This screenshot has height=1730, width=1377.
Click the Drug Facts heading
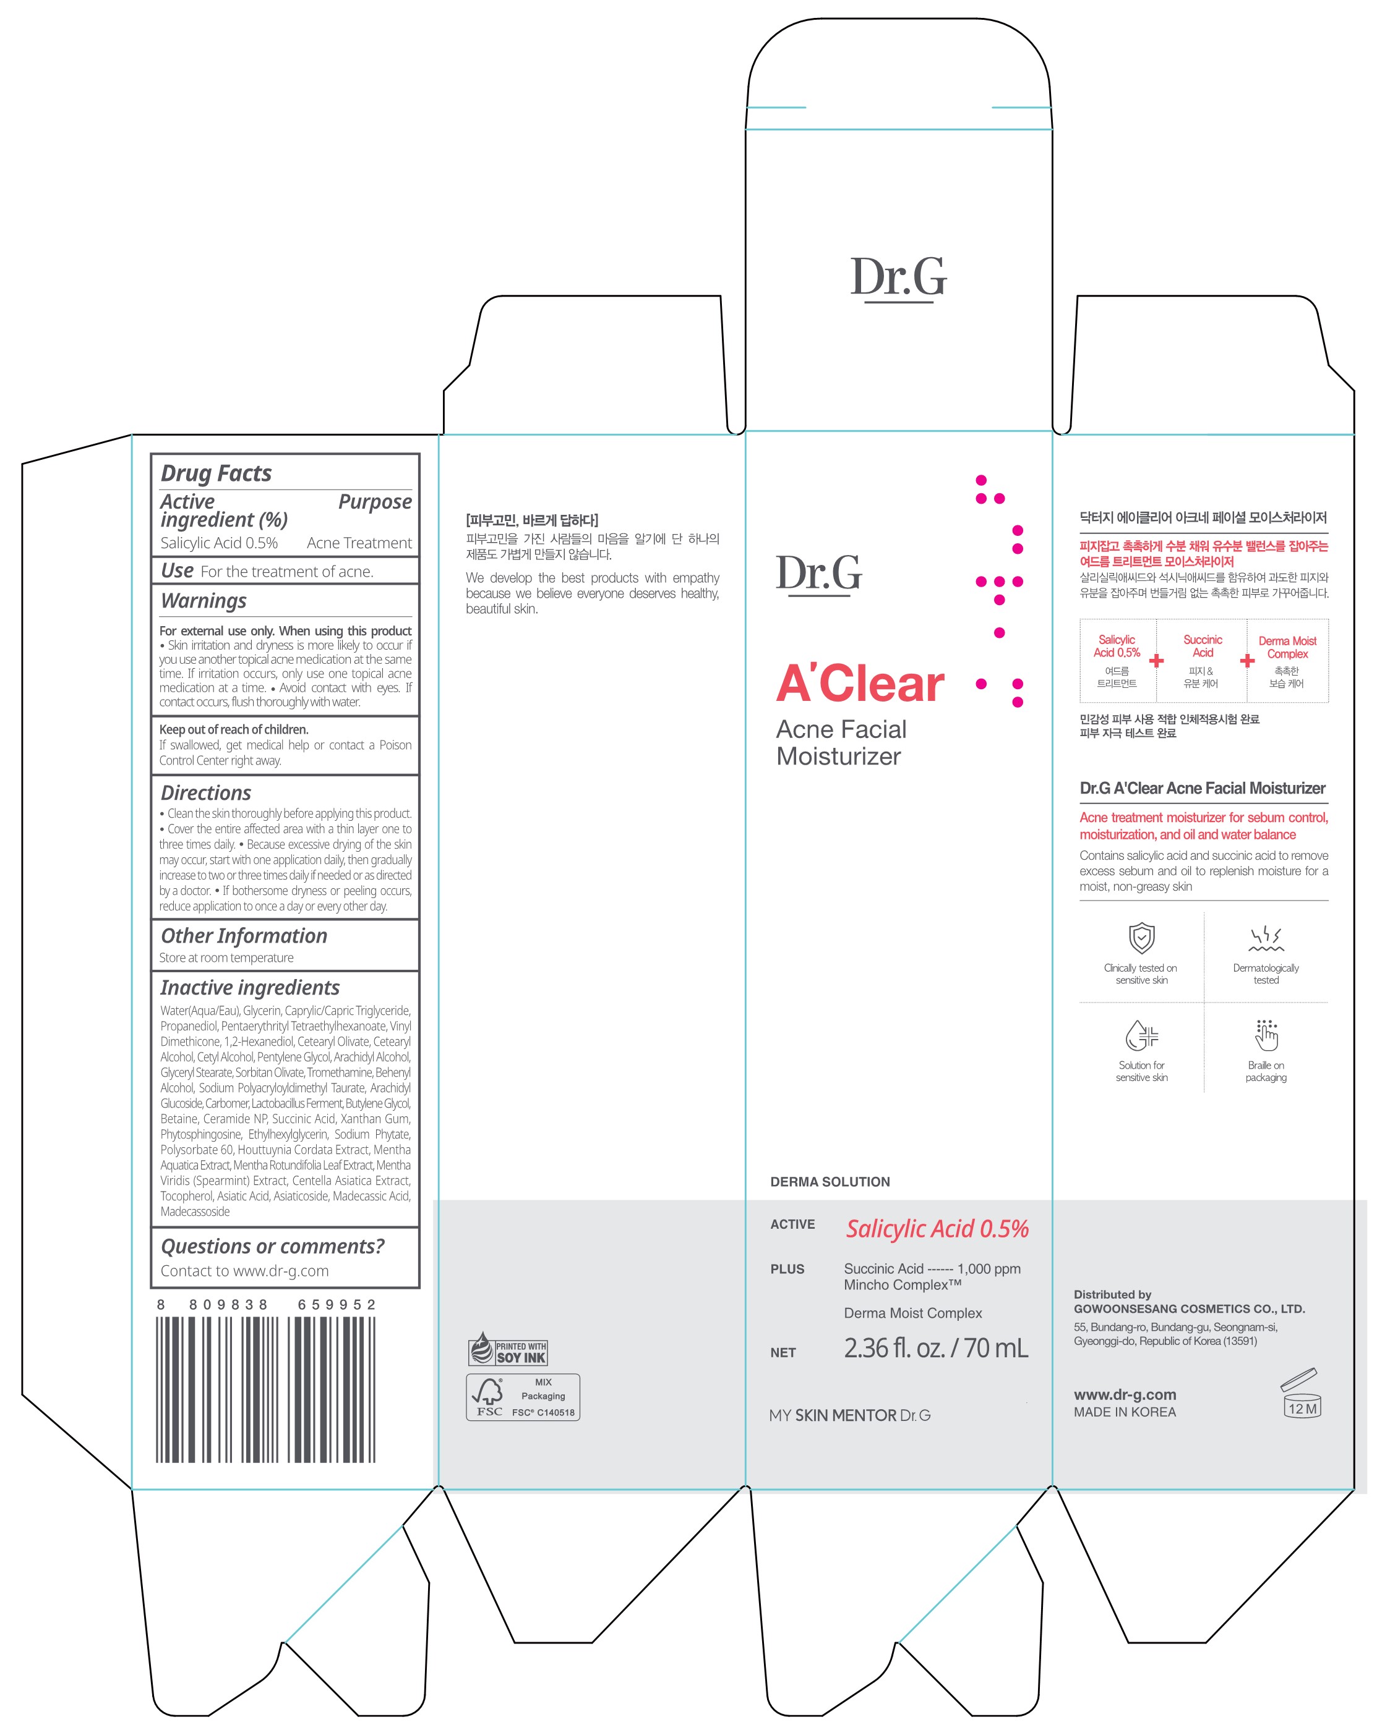click(216, 473)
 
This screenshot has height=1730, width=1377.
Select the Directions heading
click(205, 793)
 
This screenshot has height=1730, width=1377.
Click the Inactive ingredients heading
click(250, 988)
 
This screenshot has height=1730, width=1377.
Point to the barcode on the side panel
click(267, 1389)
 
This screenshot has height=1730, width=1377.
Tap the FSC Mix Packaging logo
click(523, 1397)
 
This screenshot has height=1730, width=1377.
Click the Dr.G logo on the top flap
click(898, 278)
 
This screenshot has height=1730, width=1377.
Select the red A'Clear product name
click(860, 684)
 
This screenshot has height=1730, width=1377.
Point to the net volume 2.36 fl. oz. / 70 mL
click(935, 1348)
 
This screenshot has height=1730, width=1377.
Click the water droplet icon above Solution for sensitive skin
click(1142, 1035)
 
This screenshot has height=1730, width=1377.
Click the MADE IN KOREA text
click(1124, 1412)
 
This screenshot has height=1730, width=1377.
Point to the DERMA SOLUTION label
click(830, 1182)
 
